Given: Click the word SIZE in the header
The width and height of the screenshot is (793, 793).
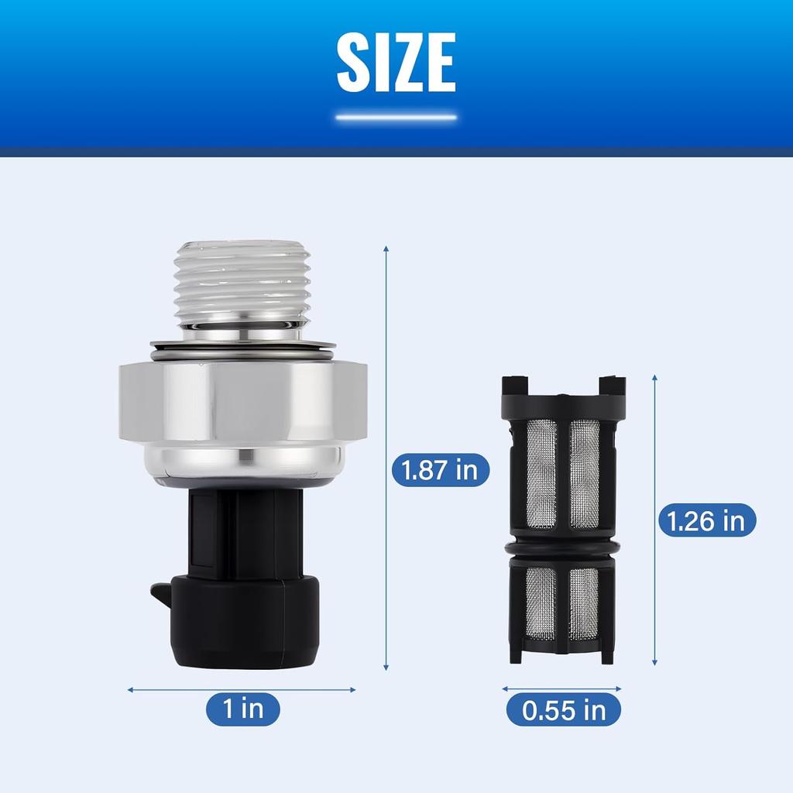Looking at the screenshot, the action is pyautogui.click(x=396, y=62).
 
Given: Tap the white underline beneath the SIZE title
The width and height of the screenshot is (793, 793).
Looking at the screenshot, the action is pyautogui.click(x=396, y=118).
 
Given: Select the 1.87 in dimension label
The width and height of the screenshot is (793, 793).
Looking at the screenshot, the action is pyautogui.click(x=441, y=470).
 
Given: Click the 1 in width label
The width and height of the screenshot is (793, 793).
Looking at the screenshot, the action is pyautogui.click(x=242, y=709).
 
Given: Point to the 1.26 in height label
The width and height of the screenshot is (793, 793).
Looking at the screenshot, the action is pyautogui.click(x=707, y=520).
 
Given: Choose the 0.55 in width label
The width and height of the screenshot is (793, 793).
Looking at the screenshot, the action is pyautogui.click(x=564, y=709).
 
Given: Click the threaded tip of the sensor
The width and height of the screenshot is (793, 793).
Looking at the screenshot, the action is pyautogui.click(x=241, y=283).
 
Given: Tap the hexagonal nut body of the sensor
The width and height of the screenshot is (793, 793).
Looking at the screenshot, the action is pyautogui.click(x=242, y=402).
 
